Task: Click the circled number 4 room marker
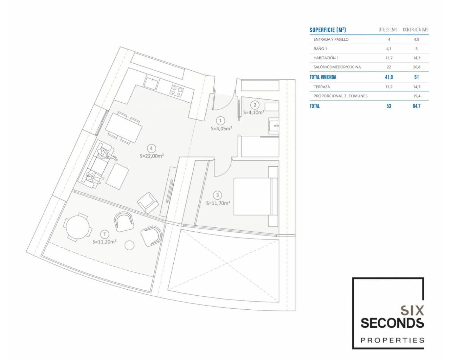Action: point(151,148)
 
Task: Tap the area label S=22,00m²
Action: point(152,156)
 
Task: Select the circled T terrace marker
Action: point(105,234)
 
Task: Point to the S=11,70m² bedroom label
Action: point(218,203)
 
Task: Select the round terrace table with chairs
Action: point(78,227)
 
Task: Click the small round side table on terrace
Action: point(129,245)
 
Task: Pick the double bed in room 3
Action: point(256,197)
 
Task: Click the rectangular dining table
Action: point(124,128)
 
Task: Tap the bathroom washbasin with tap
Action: point(274,126)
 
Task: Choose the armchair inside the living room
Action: point(148,202)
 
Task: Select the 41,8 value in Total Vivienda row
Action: point(389,77)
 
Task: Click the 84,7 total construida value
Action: point(416,106)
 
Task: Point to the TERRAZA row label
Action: point(322,87)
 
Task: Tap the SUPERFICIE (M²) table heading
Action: point(328,30)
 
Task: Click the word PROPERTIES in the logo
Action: point(392,340)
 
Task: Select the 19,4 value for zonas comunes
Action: point(417,96)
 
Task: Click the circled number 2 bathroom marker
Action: point(255,105)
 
